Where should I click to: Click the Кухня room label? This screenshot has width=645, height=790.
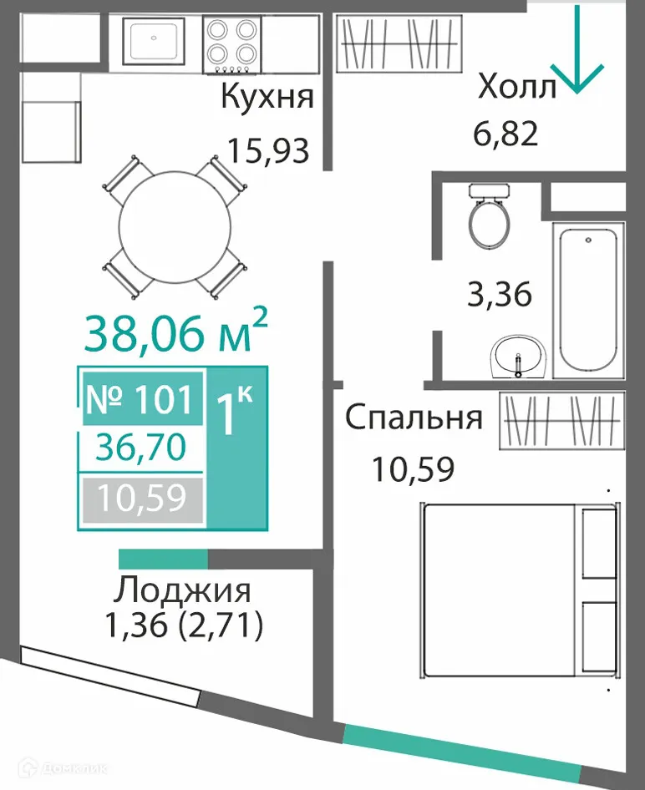click(x=267, y=98)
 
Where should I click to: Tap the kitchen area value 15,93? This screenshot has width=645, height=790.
click(x=269, y=151)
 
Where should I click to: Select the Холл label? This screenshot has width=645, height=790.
click(x=516, y=88)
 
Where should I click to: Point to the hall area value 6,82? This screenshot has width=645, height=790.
click(x=505, y=133)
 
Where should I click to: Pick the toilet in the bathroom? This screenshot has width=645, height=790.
click(x=489, y=215)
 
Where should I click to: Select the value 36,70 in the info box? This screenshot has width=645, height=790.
click(x=140, y=449)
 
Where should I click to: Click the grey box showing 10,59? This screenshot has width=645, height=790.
click(x=140, y=499)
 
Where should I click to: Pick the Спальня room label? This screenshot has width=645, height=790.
click(x=414, y=418)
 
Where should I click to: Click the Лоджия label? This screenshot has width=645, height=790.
click(x=183, y=590)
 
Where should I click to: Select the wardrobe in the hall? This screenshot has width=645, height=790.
click(x=399, y=44)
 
